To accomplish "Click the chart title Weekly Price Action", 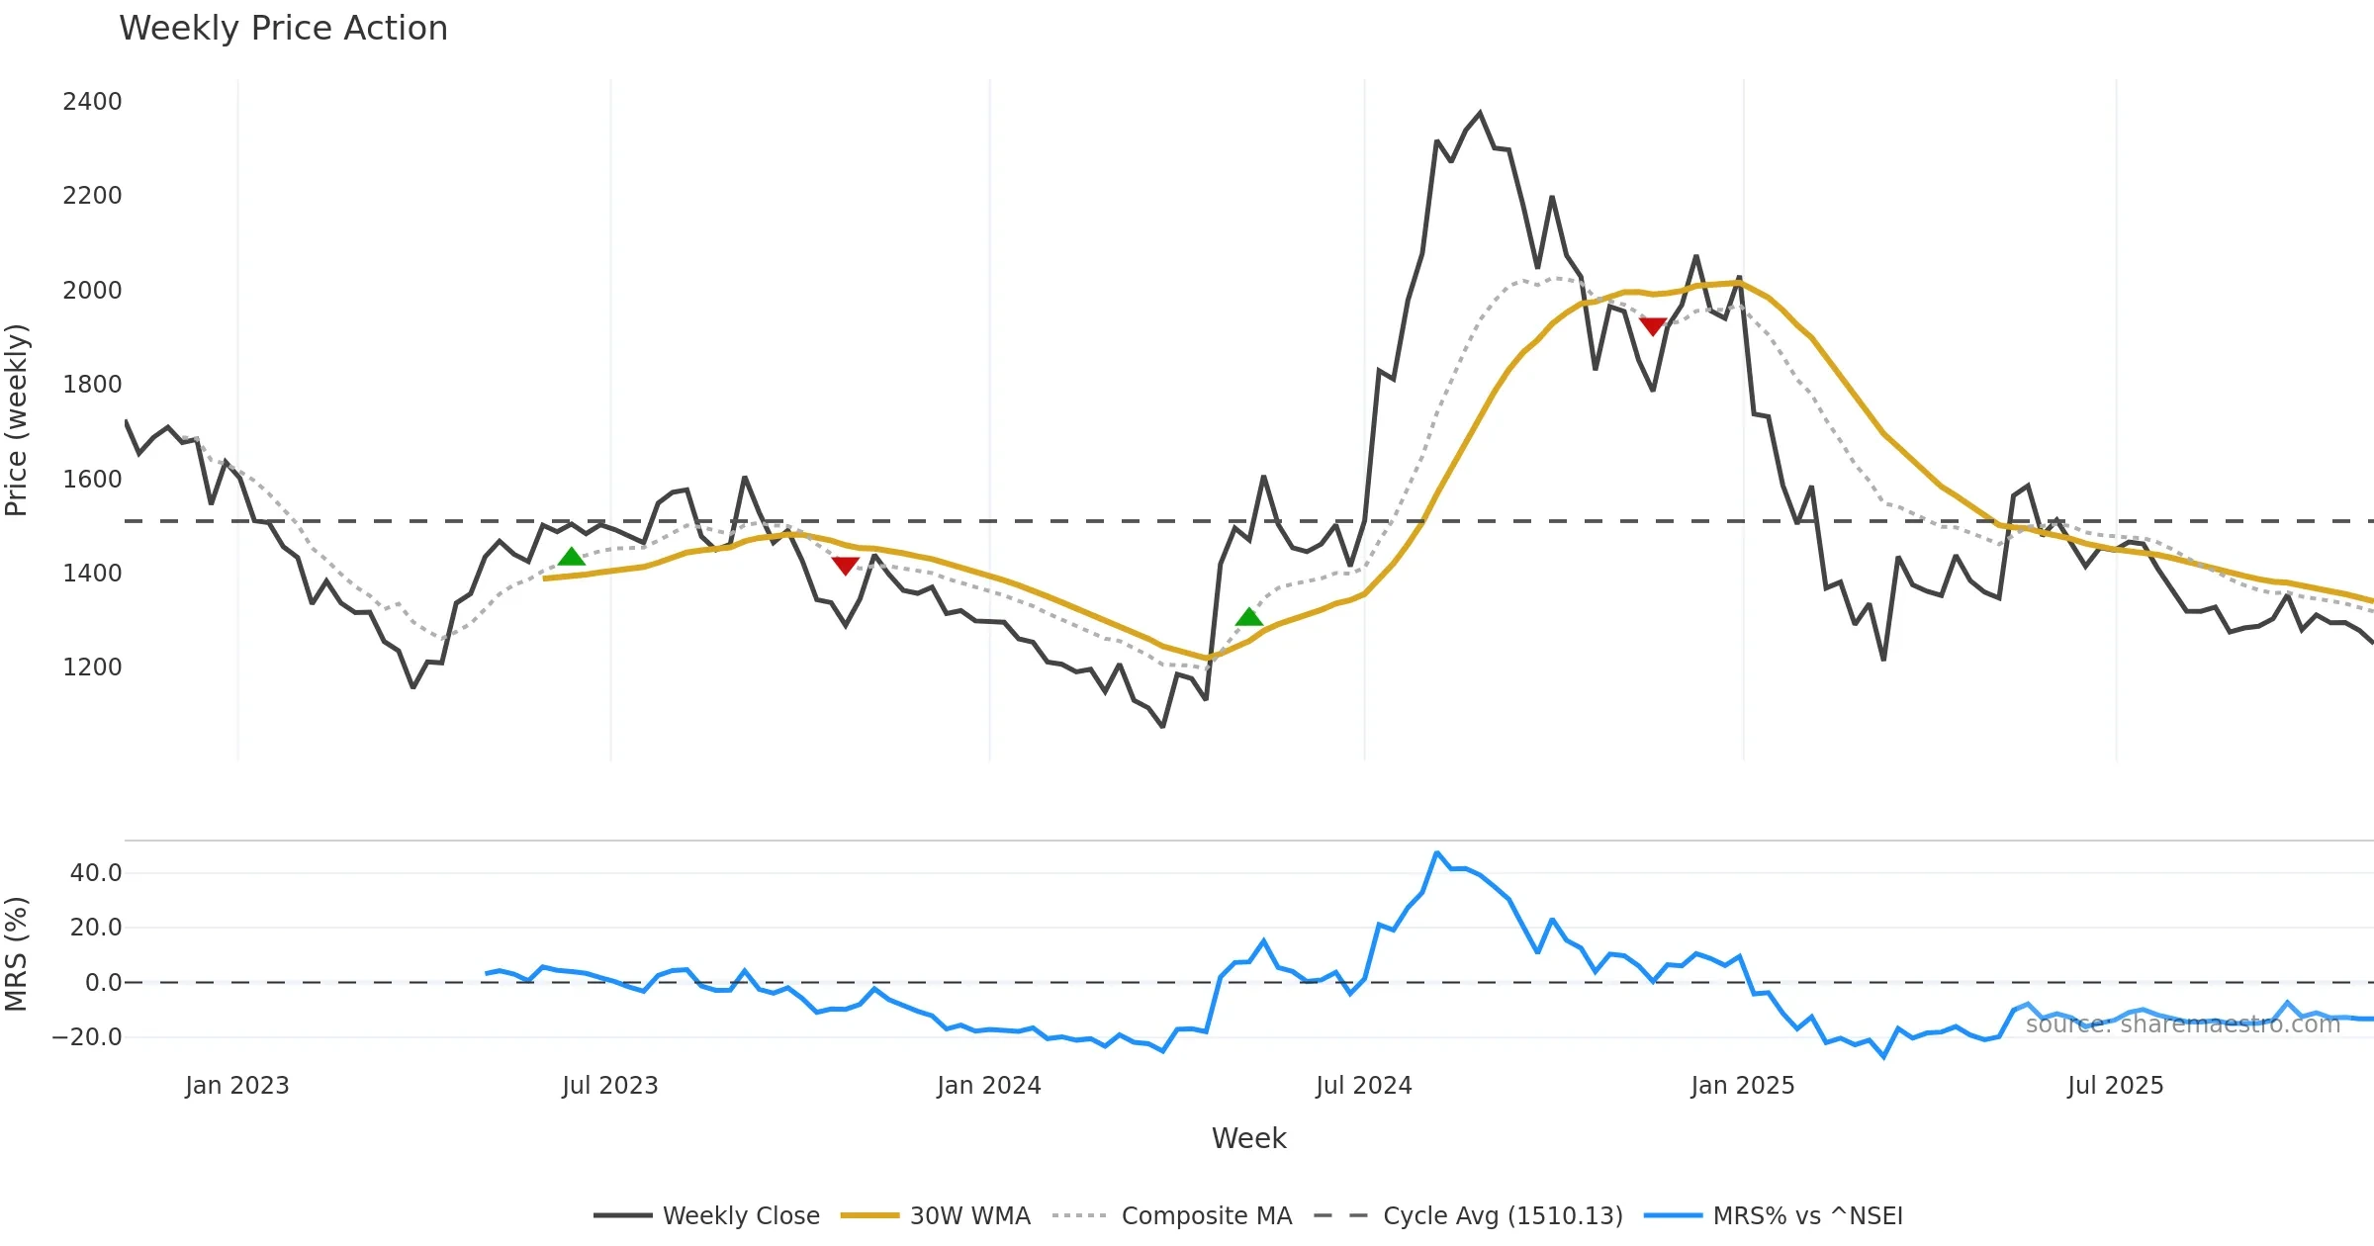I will click(283, 29).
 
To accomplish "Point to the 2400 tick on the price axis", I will click(92, 102).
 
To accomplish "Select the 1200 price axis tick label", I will click(92, 667).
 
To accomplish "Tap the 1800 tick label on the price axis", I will click(92, 385).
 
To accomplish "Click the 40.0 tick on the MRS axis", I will click(96, 873).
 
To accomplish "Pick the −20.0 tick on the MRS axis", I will click(87, 1037).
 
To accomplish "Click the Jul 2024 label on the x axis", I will click(1363, 1086).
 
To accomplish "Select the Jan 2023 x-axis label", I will click(237, 1086).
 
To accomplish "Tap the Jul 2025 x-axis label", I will click(2115, 1086).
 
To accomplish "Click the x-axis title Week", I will click(1248, 1139).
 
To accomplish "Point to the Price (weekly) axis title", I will click(17, 420).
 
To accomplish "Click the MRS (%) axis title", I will click(17, 954).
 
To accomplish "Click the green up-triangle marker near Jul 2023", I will click(571, 558).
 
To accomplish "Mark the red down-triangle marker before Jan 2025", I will click(1652, 325).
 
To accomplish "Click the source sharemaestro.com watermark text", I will click(2182, 1024).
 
